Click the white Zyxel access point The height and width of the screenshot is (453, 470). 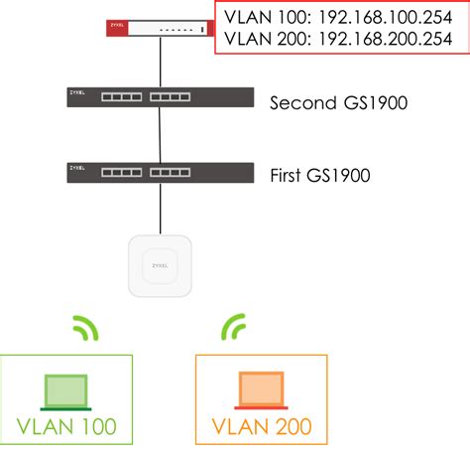[160, 264]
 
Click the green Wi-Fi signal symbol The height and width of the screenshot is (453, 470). [86, 329]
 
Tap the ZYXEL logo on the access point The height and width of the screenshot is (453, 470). [160, 266]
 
